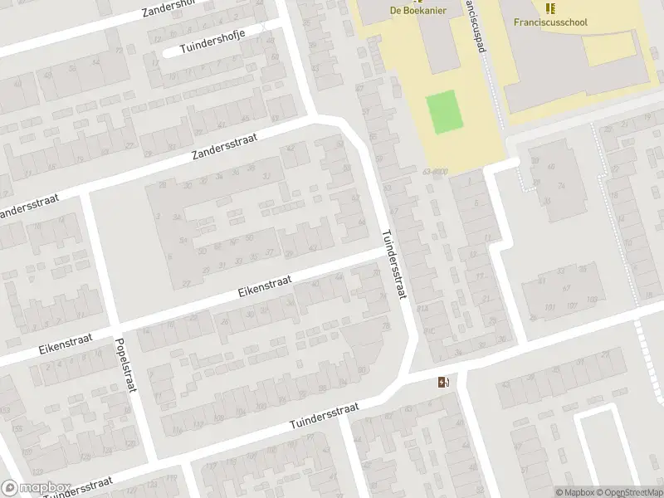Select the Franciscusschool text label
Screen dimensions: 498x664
click(549, 22)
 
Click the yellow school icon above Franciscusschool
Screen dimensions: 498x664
click(549, 8)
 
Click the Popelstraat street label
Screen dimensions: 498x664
click(128, 365)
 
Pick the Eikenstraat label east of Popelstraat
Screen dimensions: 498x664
click(265, 287)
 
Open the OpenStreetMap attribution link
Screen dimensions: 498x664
click(626, 492)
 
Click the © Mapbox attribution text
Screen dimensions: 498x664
click(574, 492)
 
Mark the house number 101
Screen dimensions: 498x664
click(549, 307)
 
